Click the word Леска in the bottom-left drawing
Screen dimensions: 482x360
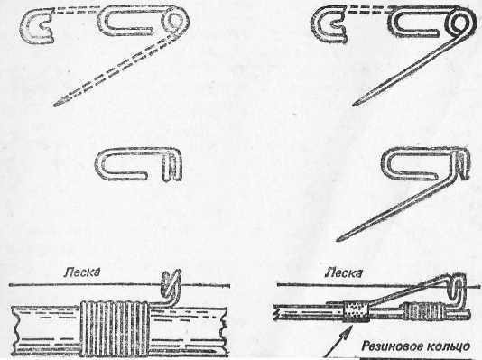click(82, 272)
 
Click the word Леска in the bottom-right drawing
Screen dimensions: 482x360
click(344, 272)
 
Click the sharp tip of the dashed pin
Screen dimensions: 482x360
click(56, 105)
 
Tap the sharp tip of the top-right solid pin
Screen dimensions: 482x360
click(355, 105)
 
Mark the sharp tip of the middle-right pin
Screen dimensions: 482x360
click(338, 240)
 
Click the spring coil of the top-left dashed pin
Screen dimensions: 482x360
click(176, 23)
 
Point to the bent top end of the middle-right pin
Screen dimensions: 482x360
click(462, 162)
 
